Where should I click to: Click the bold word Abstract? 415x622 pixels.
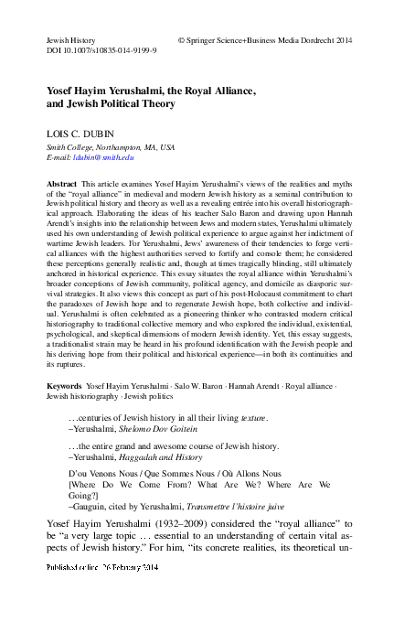point(61,184)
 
